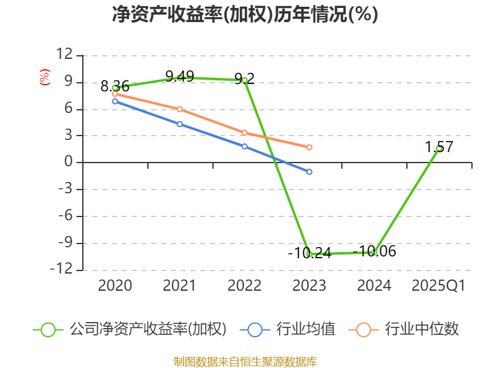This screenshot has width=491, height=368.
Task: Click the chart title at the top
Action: (x=245, y=15)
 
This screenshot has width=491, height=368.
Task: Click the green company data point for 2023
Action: (x=309, y=253)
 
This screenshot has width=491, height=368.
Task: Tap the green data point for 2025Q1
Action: (x=439, y=148)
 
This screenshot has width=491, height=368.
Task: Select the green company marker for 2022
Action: (x=244, y=80)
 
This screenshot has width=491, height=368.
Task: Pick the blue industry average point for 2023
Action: (x=309, y=172)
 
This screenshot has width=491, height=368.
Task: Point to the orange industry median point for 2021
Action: (x=180, y=109)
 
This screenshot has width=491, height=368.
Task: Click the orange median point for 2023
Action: (x=309, y=147)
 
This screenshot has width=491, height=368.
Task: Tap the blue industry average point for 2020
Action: (x=115, y=101)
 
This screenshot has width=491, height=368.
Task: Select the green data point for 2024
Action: (x=374, y=252)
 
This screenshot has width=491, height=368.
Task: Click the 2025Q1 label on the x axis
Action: (x=438, y=286)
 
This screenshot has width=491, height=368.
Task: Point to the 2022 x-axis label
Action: (x=244, y=286)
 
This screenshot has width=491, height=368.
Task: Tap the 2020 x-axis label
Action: (x=115, y=286)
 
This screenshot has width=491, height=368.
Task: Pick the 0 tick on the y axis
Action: (x=68, y=163)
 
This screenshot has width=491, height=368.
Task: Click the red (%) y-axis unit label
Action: (x=44, y=78)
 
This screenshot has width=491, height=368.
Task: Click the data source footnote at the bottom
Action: (x=245, y=361)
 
